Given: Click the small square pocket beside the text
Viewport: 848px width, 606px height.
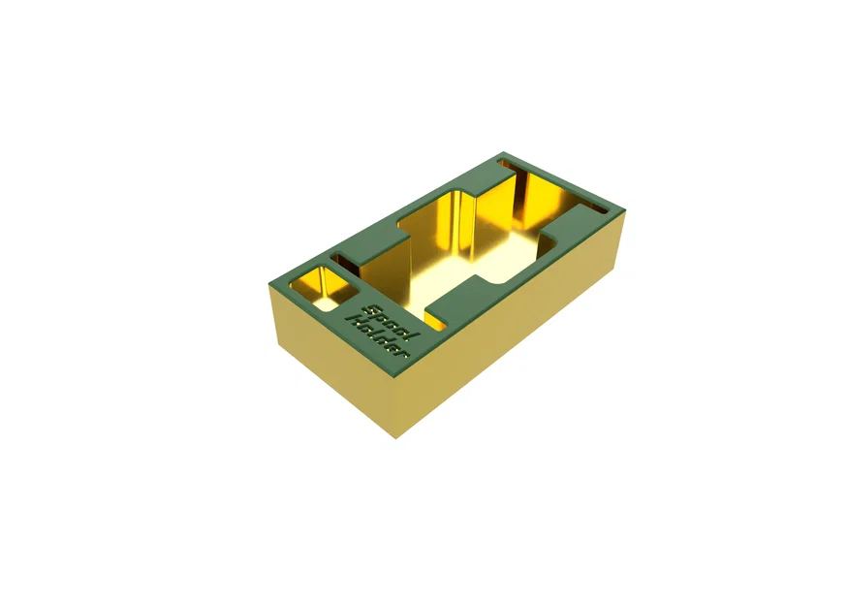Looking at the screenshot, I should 322,285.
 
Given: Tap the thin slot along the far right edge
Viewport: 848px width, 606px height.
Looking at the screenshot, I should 589,206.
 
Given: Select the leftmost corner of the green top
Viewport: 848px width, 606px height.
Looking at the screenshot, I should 269,282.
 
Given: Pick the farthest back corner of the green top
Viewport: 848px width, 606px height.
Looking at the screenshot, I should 503,154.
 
